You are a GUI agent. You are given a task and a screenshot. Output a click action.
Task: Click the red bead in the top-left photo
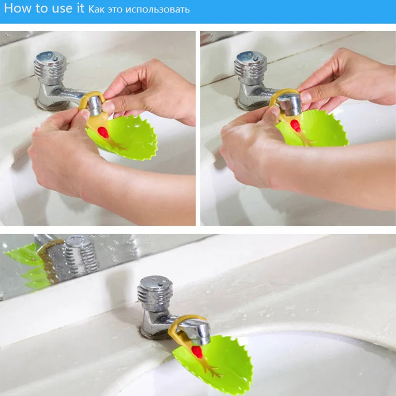pos(103,132)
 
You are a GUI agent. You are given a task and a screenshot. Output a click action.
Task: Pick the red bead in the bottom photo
pos(197,352)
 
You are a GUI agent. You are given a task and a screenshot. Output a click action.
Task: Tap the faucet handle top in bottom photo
pos(155,284)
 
